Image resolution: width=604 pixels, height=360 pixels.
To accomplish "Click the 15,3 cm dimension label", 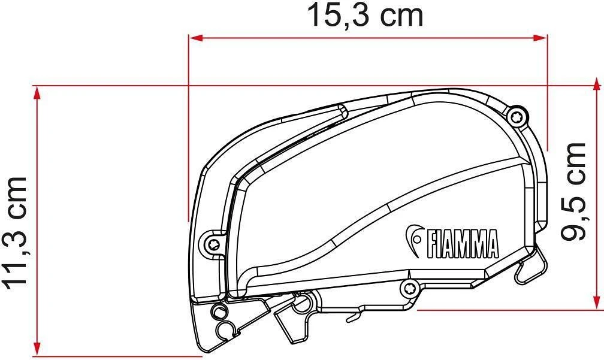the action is [365, 16].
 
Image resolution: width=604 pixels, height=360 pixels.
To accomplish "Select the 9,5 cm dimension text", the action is [573, 192].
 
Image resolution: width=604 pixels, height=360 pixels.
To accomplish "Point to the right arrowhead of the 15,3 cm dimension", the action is [540, 38].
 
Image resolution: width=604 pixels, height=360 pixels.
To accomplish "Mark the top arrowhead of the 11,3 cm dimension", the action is [37, 93].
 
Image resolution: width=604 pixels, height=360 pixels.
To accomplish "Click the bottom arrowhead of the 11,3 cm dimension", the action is [37, 349].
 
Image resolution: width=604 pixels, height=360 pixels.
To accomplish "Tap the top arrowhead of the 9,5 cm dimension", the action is [597, 84].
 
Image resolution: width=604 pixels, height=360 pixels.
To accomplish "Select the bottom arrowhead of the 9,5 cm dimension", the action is [597, 302].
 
